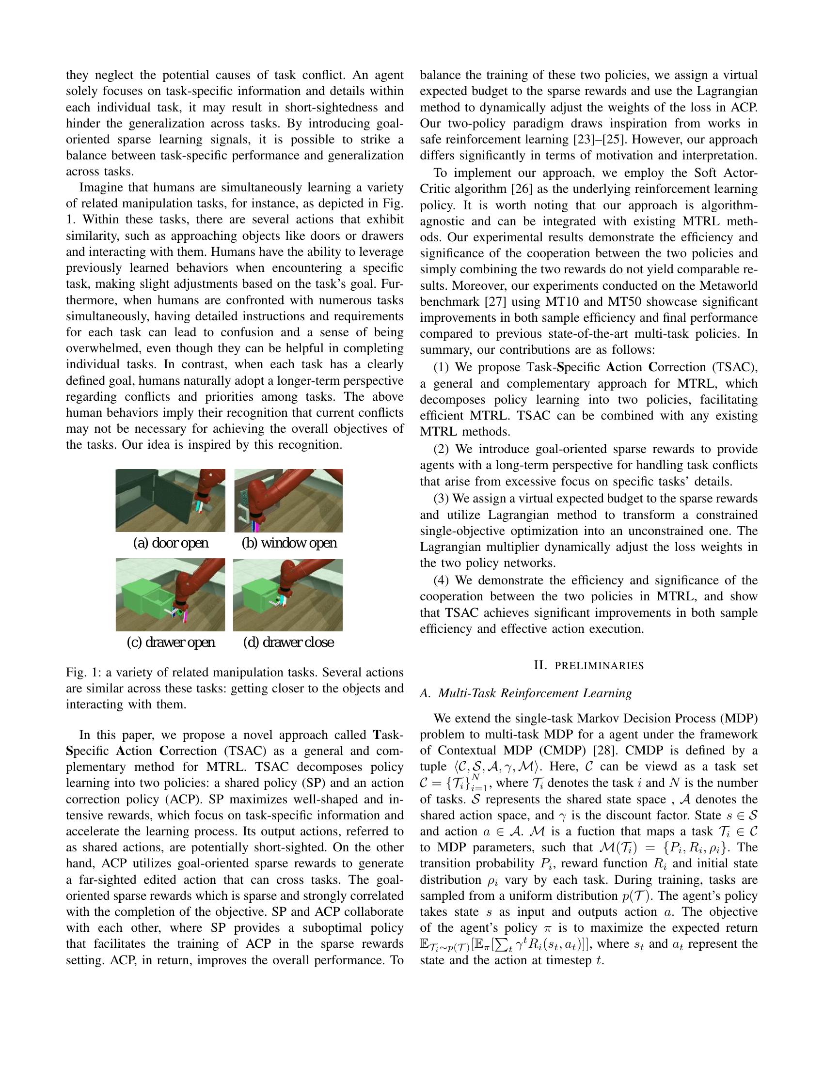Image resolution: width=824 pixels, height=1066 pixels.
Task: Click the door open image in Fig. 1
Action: tap(170, 501)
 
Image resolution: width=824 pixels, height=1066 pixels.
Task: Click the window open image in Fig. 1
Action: tap(288, 501)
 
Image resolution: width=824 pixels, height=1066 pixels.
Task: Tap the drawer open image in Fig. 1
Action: tap(170, 595)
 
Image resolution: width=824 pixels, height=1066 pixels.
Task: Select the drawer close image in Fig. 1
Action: tap(288, 595)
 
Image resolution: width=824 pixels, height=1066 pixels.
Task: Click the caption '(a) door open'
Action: tap(170, 543)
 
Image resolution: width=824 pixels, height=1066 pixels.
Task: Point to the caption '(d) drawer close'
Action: tap(288, 642)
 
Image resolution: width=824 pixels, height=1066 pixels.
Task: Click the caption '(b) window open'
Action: tap(289, 543)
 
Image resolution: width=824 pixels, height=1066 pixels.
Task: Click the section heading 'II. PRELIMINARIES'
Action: tap(588, 665)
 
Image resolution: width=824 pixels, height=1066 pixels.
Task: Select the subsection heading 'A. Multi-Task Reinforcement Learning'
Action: tap(526, 693)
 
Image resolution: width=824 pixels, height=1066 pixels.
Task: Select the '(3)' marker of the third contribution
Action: tap(441, 498)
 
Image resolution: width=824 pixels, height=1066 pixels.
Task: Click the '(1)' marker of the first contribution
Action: tap(441, 368)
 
